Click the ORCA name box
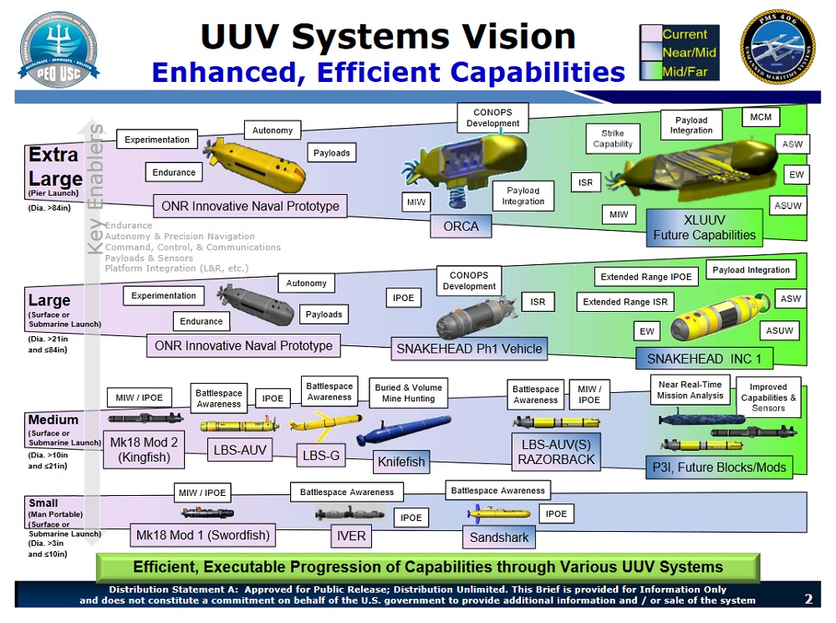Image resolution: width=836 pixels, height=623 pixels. coord(461,226)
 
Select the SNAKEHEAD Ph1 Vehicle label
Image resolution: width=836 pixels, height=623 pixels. coord(469,349)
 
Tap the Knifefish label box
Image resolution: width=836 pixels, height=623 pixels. coord(401,461)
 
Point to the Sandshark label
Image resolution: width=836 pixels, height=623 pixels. coord(499,537)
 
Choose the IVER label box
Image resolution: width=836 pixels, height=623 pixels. coord(349,535)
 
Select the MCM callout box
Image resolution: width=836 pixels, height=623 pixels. coord(761,117)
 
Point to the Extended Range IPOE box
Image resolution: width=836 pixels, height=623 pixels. coord(647,277)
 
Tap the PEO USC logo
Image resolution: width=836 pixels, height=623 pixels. coord(59,50)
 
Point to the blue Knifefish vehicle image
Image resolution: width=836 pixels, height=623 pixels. coord(403,432)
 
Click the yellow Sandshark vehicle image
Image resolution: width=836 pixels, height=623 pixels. coord(499,513)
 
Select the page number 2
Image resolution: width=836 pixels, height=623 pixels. coord(808,599)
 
